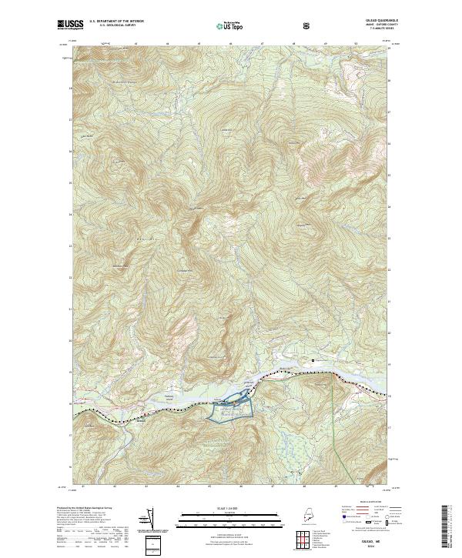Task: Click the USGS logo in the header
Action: click(x=70, y=25)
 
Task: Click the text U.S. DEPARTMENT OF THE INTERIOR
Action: click(x=117, y=22)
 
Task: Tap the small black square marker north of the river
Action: click(x=313, y=359)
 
